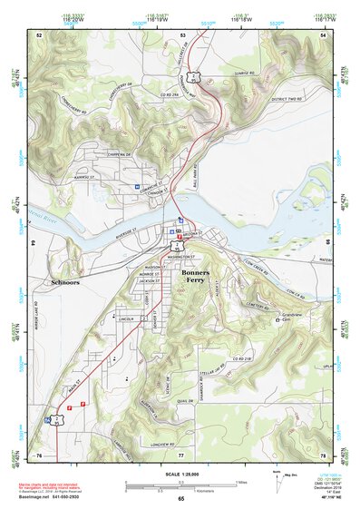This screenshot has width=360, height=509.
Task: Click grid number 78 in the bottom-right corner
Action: tap(322, 454)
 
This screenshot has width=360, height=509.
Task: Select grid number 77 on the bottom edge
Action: tap(181, 454)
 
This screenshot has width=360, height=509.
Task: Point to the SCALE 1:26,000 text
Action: tap(180, 472)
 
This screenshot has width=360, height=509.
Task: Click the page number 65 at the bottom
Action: tap(181, 498)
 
